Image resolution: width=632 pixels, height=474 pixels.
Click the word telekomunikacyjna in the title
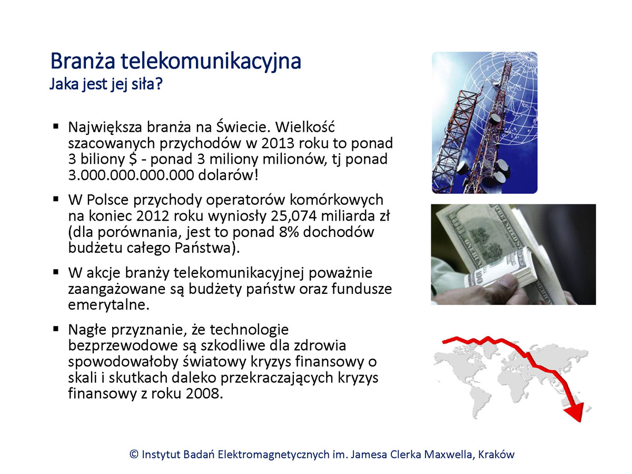click(211, 62)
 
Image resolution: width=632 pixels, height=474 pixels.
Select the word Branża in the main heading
click(83, 61)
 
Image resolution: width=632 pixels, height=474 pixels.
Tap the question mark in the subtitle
click(159, 84)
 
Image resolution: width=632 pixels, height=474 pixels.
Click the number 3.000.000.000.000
click(131, 175)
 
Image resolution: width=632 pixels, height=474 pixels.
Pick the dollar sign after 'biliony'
click(133, 159)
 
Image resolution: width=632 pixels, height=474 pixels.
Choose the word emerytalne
click(108, 305)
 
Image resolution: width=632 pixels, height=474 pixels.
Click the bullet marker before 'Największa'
click(56, 126)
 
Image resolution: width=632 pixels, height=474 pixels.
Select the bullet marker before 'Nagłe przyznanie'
click(56, 329)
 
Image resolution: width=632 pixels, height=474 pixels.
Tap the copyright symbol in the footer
click(134, 455)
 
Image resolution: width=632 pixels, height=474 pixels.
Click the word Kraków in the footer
click(496, 455)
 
